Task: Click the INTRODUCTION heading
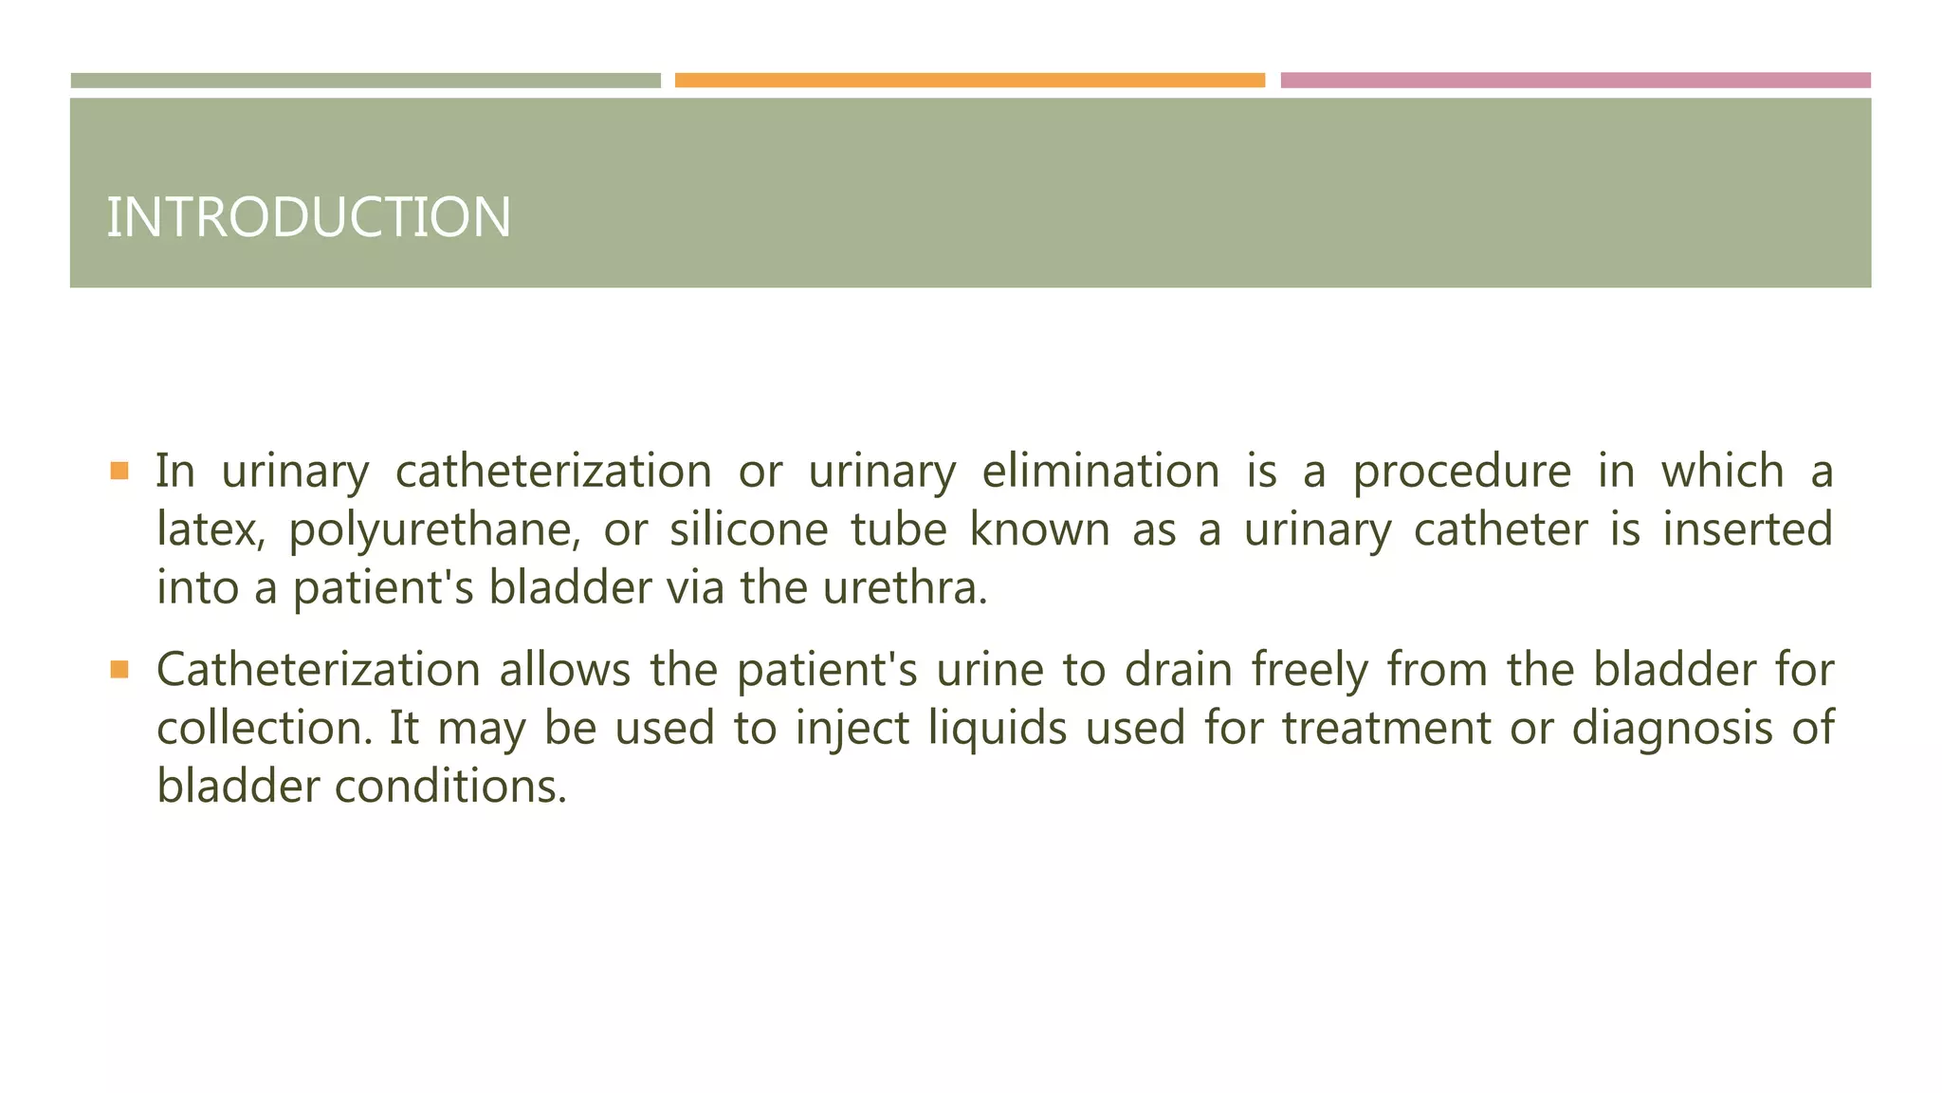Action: point(308,217)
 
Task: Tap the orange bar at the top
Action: point(969,81)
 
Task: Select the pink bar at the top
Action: point(1575,81)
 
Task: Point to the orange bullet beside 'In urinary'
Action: point(119,471)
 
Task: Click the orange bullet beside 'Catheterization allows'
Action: point(119,670)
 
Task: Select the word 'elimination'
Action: point(1100,472)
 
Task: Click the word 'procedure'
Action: point(1461,472)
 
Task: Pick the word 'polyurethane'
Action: point(434,530)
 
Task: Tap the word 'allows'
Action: point(565,671)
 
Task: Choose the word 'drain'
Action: point(1179,671)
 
